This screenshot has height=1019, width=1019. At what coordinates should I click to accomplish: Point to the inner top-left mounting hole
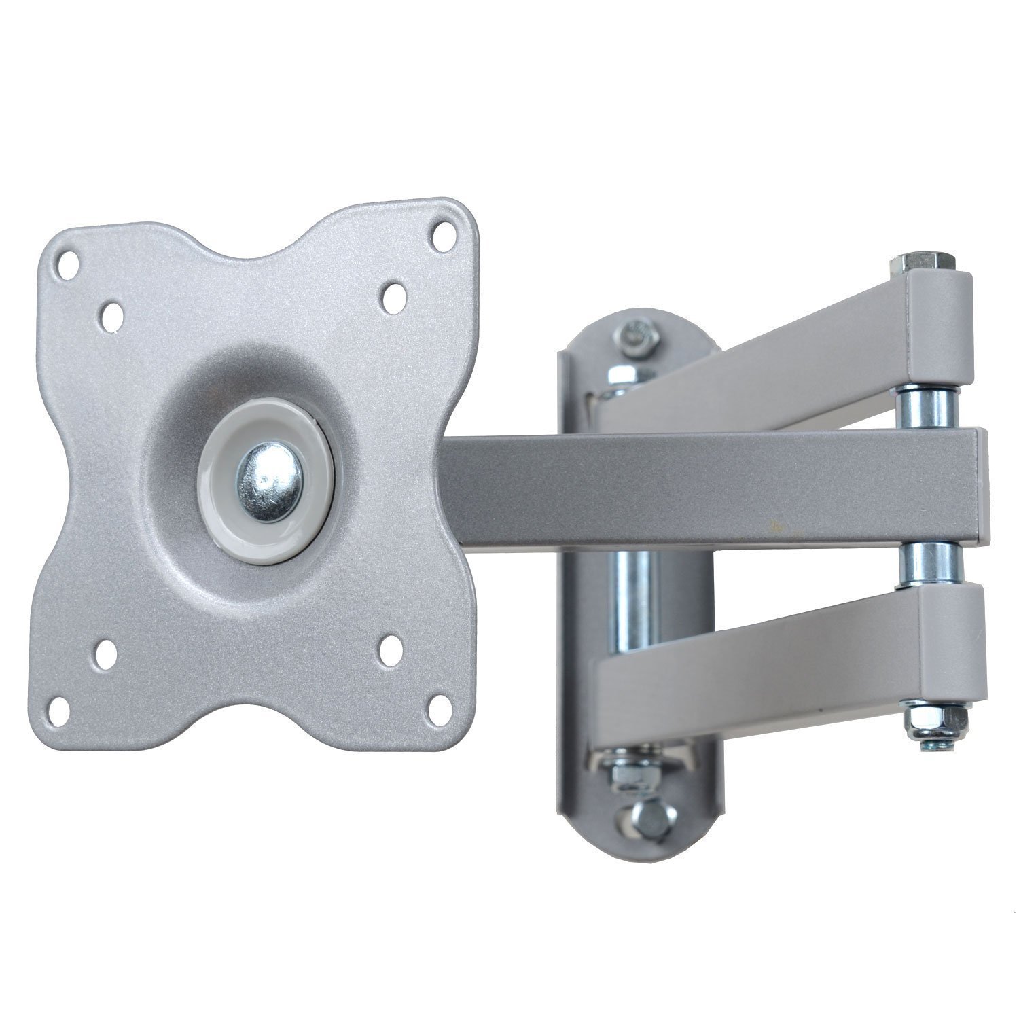113,314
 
